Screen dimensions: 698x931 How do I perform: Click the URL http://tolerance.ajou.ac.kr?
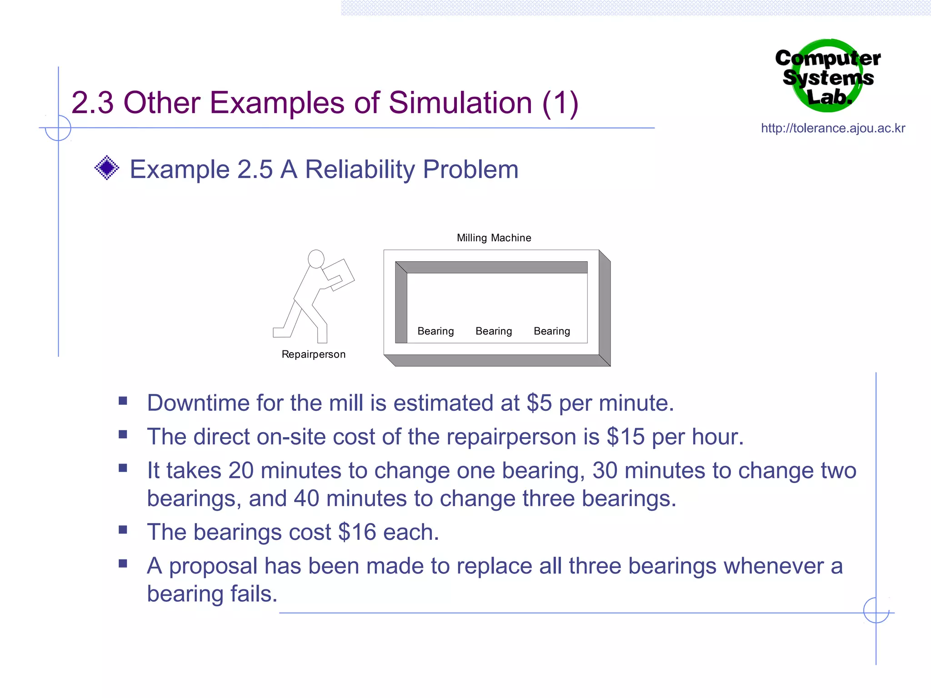[833, 128]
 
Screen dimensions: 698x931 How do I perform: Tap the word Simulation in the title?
[460, 103]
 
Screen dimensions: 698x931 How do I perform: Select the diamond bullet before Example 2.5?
[107, 168]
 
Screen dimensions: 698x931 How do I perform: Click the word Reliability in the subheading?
[360, 170]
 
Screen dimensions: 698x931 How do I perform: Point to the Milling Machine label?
[494, 238]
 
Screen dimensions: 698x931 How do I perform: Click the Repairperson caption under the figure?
[313, 354]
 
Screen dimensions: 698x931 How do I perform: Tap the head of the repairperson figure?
[316, 259]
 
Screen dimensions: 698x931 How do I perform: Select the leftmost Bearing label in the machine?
[435, 331]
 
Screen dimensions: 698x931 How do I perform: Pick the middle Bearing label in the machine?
[494, 331]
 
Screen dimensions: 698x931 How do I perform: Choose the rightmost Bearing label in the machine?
[552, 331]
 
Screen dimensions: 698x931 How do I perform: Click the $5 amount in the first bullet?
[539, 403]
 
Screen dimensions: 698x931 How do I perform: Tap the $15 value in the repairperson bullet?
[626, 437]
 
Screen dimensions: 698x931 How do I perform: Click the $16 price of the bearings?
[357, 532]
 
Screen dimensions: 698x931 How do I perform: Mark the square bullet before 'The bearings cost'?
[123, 530]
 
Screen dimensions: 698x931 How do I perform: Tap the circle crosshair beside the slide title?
[58, 128]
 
